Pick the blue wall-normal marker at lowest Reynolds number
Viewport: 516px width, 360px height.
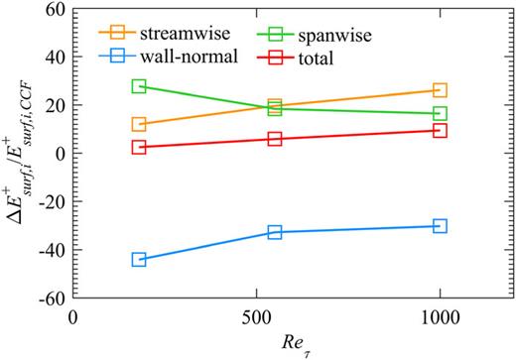[139, 259]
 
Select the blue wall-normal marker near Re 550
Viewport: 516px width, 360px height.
[275, 232]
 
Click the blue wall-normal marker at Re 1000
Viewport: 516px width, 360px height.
[440, 226]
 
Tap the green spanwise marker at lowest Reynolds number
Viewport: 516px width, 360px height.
[139, 87]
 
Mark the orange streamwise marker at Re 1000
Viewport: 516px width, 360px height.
[440, 91]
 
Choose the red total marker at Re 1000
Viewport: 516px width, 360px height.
[440, 131]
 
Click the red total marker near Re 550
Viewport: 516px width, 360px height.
[275, 139]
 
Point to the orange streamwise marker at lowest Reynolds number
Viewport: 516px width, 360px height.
[139, 125]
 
